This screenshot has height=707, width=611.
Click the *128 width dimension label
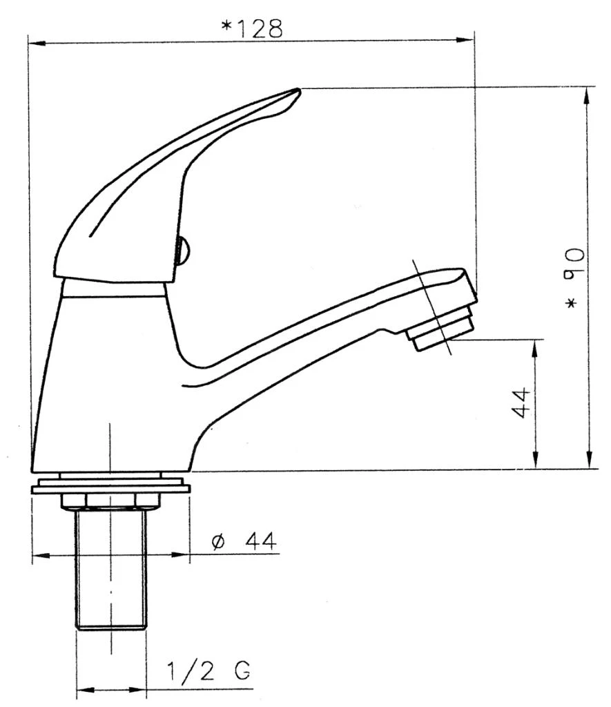[x=252, y=28]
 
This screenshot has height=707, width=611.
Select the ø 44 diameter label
[x=244, y=541]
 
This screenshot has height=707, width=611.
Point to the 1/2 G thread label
[x=208, y=671]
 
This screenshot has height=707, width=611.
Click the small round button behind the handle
[x=183, y=251]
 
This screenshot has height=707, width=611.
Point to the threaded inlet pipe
[x=111, y=568]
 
